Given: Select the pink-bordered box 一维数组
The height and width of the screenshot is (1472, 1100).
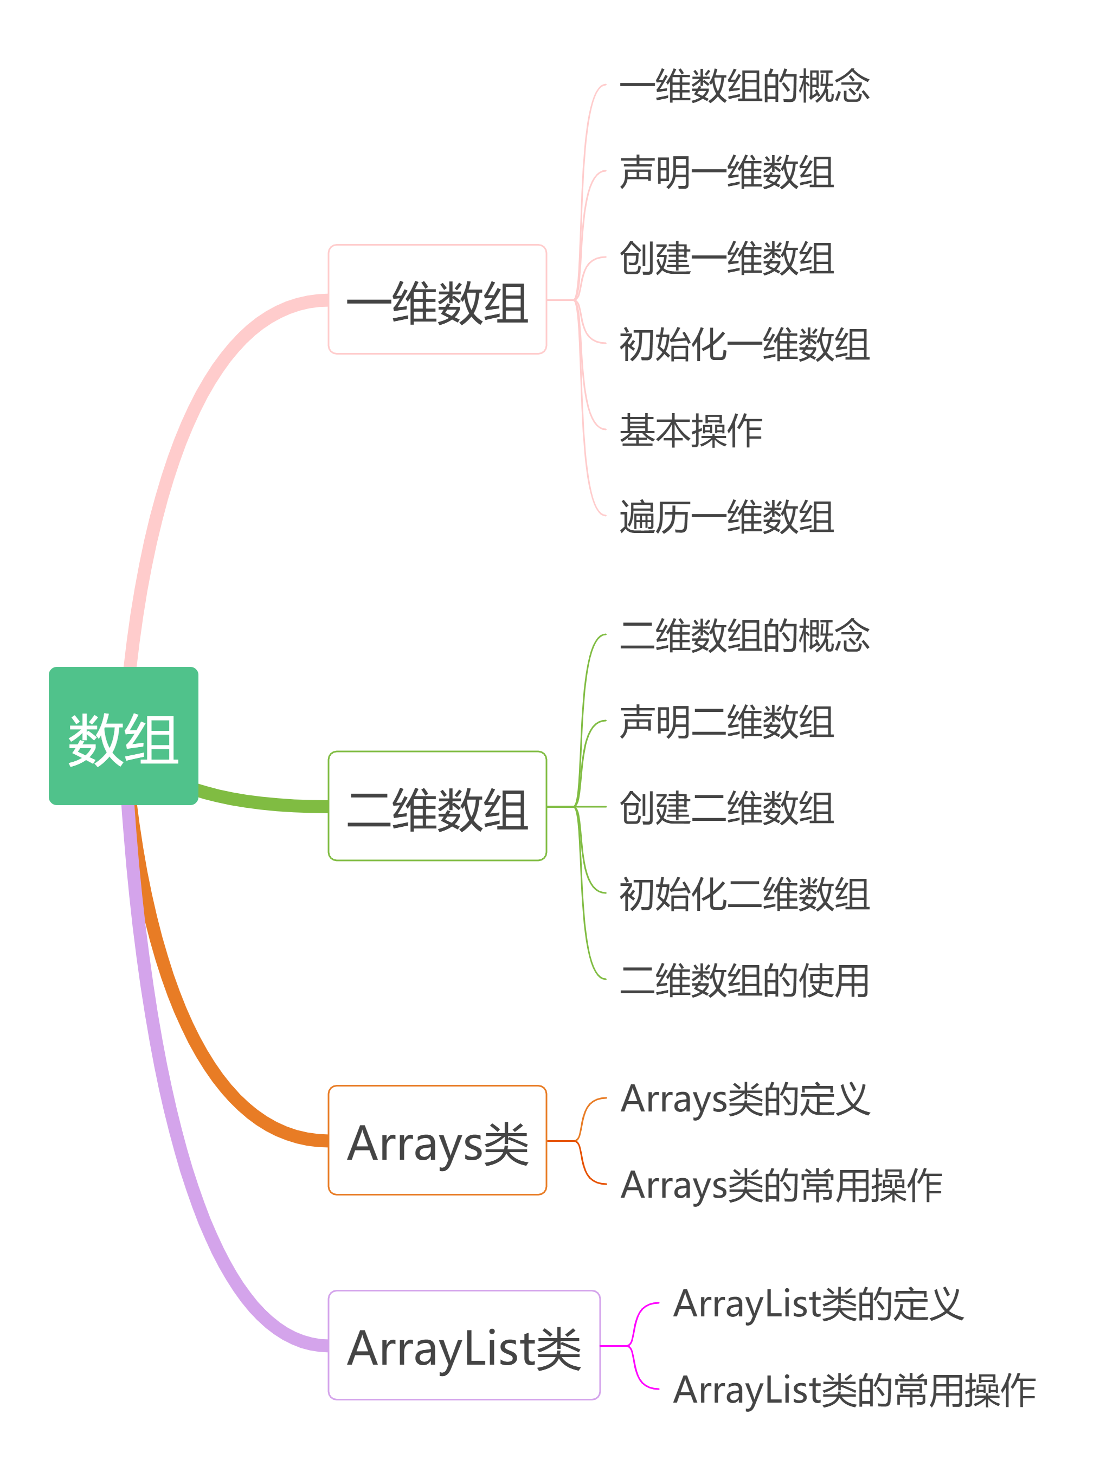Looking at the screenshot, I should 437,299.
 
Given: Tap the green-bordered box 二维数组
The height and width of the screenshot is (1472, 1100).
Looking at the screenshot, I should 437,806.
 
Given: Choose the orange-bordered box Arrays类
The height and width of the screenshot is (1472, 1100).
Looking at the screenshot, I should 437,1141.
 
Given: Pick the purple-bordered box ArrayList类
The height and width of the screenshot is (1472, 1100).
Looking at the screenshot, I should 464,1345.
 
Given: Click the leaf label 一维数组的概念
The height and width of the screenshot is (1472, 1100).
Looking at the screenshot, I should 744,87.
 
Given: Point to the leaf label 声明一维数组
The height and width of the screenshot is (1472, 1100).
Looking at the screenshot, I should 726,172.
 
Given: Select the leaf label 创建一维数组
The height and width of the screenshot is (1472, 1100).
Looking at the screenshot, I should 726,258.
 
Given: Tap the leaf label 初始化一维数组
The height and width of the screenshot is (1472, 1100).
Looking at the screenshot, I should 744,344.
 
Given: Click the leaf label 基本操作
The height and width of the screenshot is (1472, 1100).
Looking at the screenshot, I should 690,430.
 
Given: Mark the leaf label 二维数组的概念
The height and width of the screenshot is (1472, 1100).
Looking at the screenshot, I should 744,635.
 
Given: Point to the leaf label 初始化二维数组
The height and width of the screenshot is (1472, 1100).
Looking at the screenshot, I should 744,893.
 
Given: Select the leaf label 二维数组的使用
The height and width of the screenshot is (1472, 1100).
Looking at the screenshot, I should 744,980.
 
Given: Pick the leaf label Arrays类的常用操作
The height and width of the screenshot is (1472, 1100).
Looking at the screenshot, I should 781,1185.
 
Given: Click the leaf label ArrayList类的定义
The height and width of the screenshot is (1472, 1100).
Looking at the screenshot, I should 818,1303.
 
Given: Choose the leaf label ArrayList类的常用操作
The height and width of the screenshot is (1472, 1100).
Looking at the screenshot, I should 854,1390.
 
